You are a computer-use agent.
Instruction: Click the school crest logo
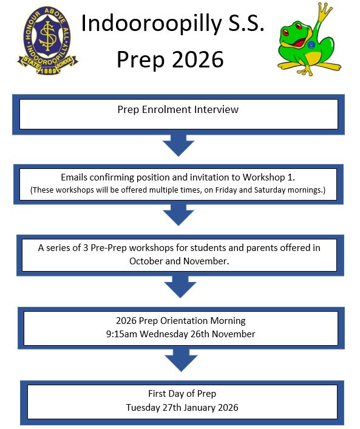[x=48, y=40]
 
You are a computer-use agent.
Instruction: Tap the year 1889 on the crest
[x=48, y=71]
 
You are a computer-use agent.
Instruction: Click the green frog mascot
[x=309, y=39]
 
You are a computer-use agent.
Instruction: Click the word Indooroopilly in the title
[x=151, y=24]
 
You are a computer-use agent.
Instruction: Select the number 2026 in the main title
[x=198, y=60]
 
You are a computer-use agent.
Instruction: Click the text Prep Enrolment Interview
[x=178, y=109]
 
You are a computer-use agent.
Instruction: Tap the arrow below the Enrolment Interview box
[x=178, y=145]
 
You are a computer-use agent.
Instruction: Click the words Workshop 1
[x=269, y=177]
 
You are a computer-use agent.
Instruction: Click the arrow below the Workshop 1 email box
[x=178, y=214]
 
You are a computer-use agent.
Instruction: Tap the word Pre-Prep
[x=109, y=248]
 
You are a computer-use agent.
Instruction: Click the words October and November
[x=179, y=261]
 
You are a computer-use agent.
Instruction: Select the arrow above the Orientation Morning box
[x=180, y=287]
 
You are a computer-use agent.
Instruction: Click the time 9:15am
[x=121, y=334]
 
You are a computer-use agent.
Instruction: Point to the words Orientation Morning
[x=203, y=321]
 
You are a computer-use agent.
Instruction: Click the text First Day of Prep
[x=182, y=394]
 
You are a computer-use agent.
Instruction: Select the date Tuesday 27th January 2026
[x=182, y=408]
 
